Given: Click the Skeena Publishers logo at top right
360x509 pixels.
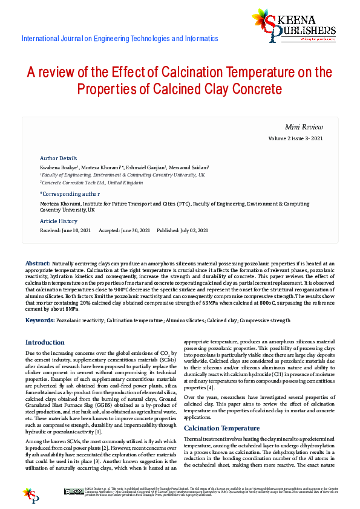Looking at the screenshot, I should click(293, 25).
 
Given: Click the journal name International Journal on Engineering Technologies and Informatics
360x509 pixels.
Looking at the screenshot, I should click(119, 39).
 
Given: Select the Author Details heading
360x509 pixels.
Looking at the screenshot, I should click(58, 158).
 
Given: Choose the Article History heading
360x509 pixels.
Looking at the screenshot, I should click(59, 221).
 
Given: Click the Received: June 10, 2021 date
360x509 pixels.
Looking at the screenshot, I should click(65, 230).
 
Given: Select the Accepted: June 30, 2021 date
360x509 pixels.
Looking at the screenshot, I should click(124, 230).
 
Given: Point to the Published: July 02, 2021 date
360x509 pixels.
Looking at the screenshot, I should click(182, 230).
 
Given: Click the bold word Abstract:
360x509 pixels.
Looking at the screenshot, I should click(38, 264).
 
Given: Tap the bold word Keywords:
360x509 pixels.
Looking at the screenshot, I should click(40, 320).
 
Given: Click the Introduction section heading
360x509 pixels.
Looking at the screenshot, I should click(45, 342).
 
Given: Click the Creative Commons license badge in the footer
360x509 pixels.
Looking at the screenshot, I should click(74, 491).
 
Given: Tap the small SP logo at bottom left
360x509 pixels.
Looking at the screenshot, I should click(31, 494).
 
